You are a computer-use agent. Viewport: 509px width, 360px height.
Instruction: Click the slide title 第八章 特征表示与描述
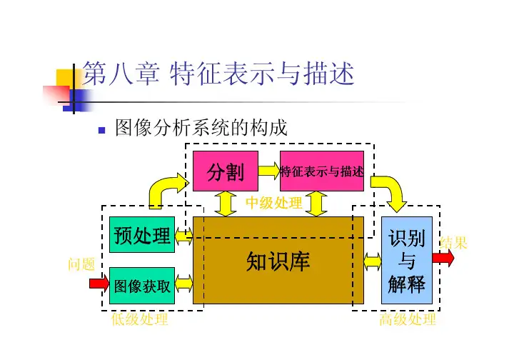218,74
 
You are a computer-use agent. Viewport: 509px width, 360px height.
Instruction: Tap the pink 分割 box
225,171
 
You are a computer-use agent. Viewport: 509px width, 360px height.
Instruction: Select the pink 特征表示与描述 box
321,171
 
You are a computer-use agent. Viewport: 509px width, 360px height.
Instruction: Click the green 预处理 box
141,235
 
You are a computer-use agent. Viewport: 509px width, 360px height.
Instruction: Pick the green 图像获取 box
141,285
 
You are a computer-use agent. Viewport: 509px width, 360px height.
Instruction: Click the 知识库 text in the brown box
278,261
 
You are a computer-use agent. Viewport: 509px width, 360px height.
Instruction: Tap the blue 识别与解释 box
406,261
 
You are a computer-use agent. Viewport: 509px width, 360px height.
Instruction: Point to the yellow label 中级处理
274,204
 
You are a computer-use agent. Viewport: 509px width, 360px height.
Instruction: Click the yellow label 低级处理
140,320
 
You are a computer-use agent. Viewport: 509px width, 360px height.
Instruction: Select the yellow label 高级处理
408,320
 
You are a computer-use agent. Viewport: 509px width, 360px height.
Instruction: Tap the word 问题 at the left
81,265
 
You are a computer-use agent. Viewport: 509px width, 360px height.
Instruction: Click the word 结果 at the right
454,243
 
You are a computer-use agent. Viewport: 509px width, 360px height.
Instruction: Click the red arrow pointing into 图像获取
99,284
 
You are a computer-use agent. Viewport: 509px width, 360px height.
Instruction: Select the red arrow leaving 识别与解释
443,259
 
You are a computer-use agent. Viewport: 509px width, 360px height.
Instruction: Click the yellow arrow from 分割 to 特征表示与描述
268,171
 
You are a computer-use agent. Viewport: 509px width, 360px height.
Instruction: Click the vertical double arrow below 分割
226,203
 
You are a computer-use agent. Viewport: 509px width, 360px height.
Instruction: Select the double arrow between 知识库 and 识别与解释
372,261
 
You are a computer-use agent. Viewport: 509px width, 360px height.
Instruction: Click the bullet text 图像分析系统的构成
201,129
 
